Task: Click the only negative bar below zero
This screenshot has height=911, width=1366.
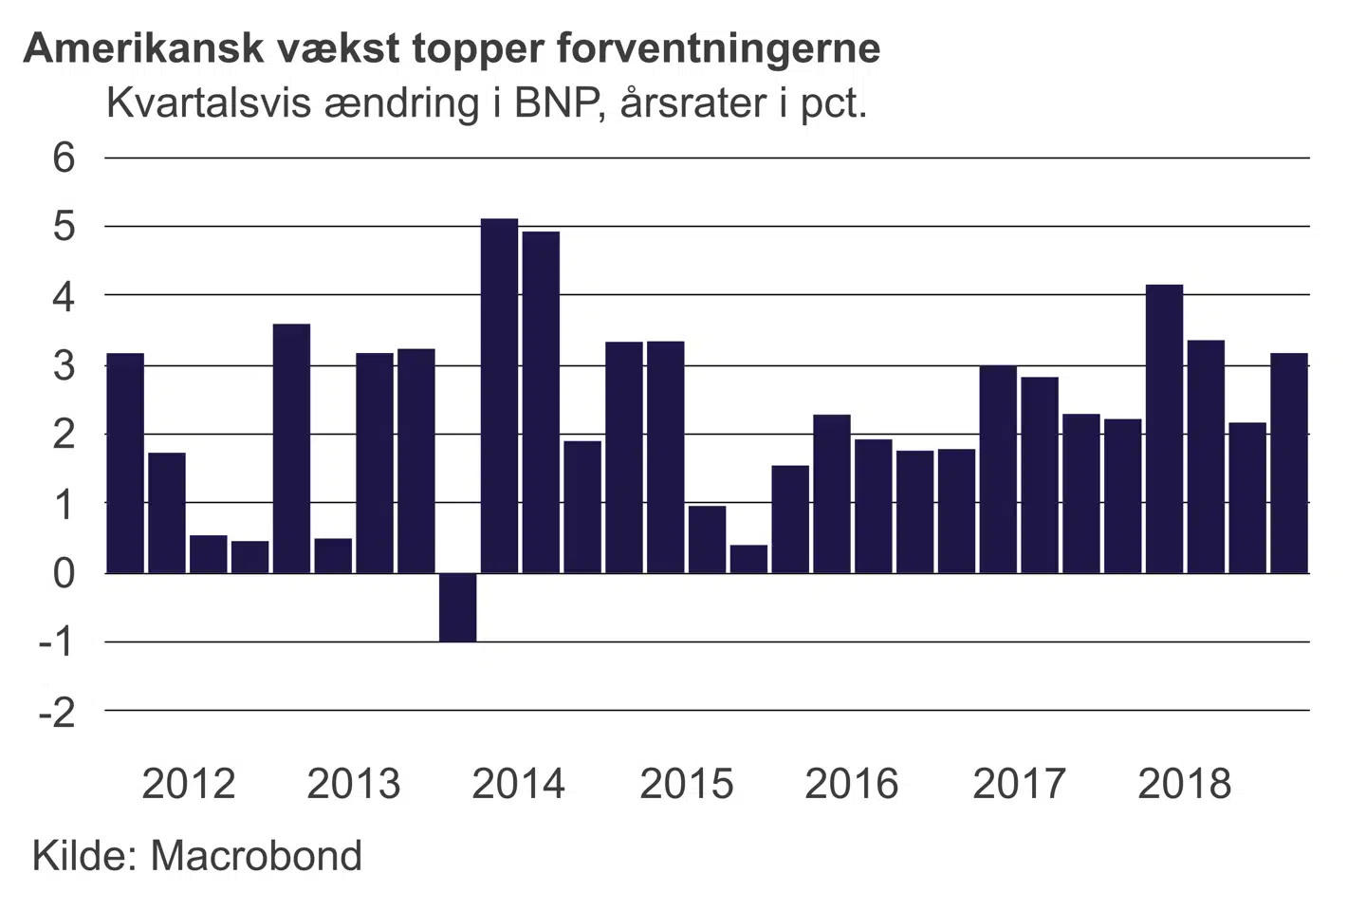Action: coord(457,607)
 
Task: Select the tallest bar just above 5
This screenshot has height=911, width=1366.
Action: coord(499,396)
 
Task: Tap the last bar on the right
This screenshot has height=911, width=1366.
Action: coord(1289,463)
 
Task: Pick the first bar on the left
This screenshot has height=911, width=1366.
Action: coord(125,463)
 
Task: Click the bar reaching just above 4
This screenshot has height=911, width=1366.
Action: coord(1164,429)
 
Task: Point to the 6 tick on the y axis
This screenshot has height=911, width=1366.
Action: coord(64,158)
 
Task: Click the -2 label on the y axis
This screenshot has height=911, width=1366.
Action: coord(57,712)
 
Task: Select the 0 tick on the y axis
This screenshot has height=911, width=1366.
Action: coord(64,573)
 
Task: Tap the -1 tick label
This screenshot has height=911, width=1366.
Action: coord(57,642)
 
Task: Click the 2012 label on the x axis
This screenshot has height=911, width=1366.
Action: coord(188,784)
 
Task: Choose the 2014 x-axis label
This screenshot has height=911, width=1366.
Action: coord(518,784)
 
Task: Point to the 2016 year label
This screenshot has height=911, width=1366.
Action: coord(851,784)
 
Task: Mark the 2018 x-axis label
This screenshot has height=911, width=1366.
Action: coord(1184,784)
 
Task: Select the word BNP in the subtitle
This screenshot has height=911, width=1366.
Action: coord(559,102)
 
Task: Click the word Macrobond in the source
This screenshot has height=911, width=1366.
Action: coord(256,856)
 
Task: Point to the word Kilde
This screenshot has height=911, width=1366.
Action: coord(85,856)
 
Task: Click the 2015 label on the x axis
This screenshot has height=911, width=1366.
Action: coord(686,784)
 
